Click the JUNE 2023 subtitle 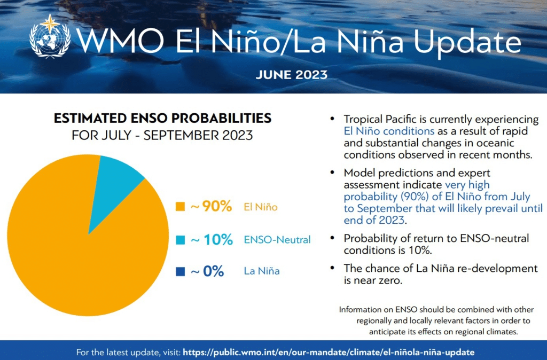coord(291,74)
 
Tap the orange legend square coord(180,206)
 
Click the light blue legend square coord(180,240)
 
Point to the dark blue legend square coord(180,271)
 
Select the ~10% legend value coord(211,240)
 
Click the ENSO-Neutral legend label coord(277,240)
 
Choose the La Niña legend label coord(261,271)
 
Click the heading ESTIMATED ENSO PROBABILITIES coord(162,118)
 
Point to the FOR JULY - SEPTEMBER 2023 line coord(162,136)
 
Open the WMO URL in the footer coord(329,352)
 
